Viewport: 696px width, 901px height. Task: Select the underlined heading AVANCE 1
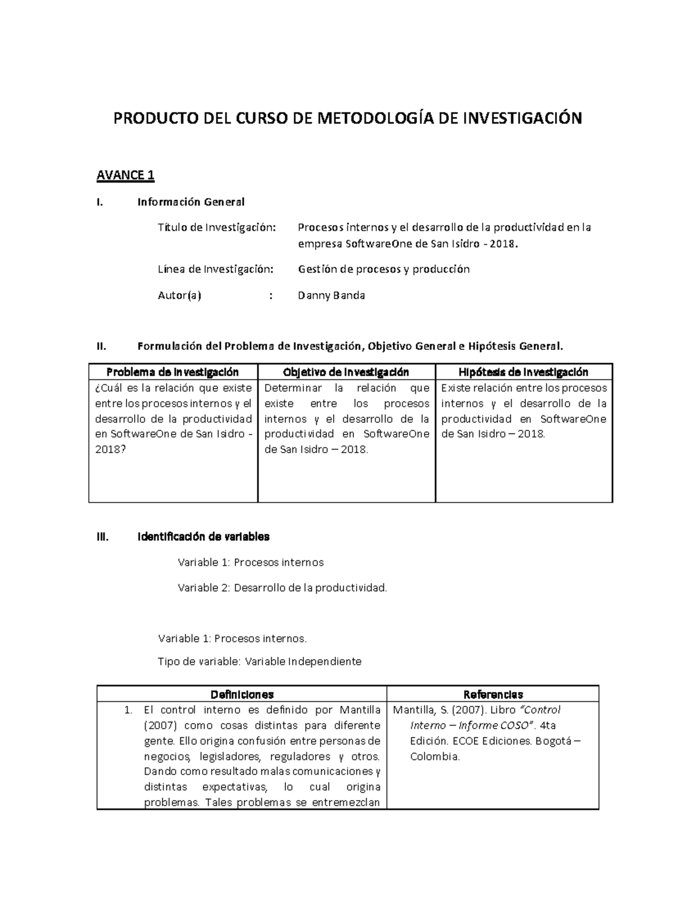pos(125,175)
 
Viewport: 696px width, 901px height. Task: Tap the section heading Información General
pos(191,202)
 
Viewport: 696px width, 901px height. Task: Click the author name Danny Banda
pos(331,295)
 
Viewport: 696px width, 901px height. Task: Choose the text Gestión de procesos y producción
pos(383,269)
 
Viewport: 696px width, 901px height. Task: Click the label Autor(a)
pos(180,295)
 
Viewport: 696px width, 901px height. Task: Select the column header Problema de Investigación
pos(173,372)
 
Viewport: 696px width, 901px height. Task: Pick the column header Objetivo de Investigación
pos(346,372)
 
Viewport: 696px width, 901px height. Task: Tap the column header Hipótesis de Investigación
pos(523,372)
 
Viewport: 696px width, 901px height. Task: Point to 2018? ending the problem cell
pos(110,449)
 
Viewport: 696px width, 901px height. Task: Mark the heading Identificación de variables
pos(203,537)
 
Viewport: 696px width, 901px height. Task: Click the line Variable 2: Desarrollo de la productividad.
pos(282,588)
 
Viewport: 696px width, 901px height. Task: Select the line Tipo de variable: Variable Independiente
pos(259,661)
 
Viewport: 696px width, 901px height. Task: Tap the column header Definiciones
pos(242,694)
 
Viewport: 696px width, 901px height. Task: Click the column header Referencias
pos(493,694)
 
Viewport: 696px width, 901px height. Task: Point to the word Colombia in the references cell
pos(434,757)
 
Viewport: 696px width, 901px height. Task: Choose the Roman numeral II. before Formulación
pos(101,346)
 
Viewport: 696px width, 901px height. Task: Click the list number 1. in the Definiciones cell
pos(129,710)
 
